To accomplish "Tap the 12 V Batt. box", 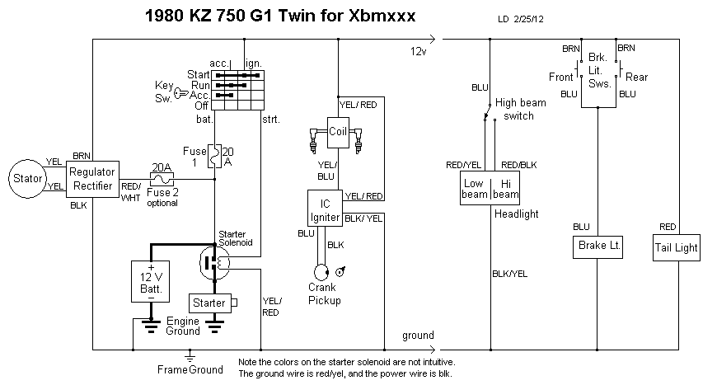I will (151, 282).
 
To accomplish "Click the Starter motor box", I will (210, 303).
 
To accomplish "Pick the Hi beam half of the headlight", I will (504, 189).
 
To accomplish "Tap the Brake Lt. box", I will (597, 246).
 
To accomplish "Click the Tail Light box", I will (675, 247).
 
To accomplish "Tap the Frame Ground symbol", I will (190, 356).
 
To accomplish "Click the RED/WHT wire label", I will (132, 192).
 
